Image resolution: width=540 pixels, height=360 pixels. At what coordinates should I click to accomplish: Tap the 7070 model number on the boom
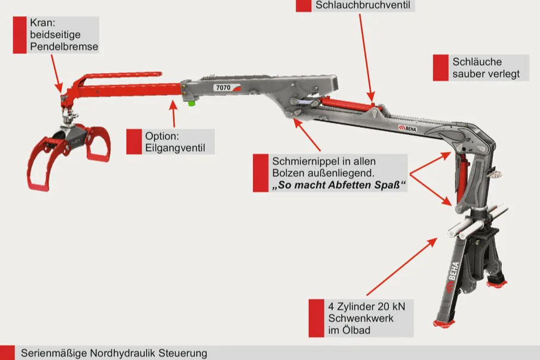(223, 87)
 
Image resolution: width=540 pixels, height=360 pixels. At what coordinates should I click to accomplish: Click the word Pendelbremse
(64, 46)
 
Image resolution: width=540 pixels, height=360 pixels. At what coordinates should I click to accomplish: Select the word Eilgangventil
(175, 148)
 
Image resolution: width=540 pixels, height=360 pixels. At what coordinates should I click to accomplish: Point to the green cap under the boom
(192, 101)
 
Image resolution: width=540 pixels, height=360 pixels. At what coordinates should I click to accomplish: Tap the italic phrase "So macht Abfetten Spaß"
(339, 186)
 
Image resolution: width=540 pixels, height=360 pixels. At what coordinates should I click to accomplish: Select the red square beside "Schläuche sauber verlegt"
(440, 68)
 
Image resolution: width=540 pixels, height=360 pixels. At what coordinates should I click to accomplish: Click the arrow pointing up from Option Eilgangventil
(173, 114)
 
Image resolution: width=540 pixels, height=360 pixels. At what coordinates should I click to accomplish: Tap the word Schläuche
(477, 62)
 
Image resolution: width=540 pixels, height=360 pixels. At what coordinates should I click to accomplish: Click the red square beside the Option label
(133, 142)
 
